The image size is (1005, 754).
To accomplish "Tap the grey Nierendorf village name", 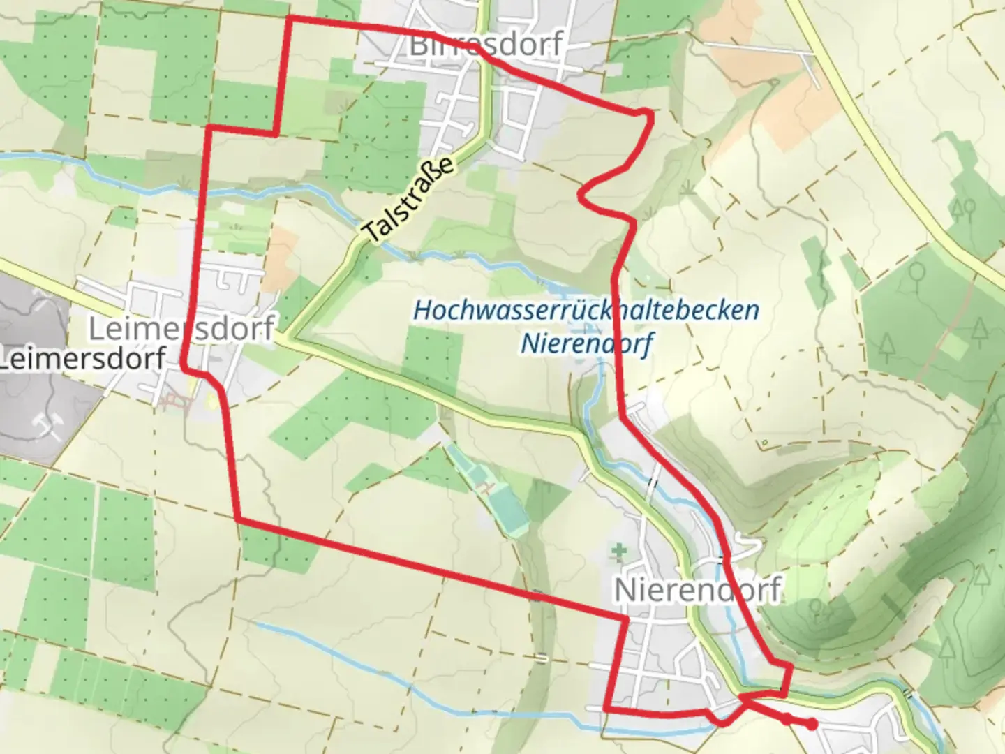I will click(697, 591).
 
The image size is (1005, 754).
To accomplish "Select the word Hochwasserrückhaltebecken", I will click(586, 310).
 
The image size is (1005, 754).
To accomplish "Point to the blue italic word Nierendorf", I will click(588, 343).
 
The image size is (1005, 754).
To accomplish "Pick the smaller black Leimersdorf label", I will click(82, 359).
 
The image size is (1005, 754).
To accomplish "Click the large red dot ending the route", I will click(812, 725).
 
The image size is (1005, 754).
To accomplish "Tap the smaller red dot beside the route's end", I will click(787, 718).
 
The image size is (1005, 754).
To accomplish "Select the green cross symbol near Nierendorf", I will click(619, 553).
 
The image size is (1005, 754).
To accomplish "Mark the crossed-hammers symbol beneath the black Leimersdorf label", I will click(47, 424).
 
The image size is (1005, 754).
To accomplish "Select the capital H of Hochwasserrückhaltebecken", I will click(423, 310).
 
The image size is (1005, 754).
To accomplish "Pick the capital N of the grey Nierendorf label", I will click(625, 591).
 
